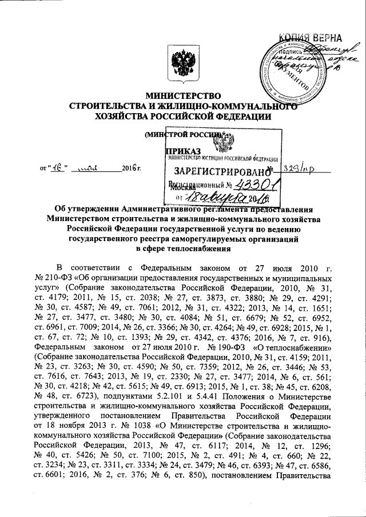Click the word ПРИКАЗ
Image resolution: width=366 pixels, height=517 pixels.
tap(178, 151)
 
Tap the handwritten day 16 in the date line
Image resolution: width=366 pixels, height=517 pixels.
tap(57, 170)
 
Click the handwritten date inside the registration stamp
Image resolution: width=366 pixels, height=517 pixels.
tap(240, 197)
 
